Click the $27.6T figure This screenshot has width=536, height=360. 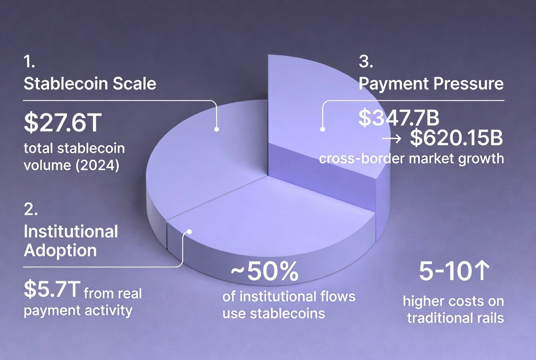tap(61, 124)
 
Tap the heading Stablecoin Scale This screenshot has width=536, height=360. tap(89, 84)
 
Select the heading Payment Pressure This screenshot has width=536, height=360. tap(431, 84)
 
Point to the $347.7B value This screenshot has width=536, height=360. tap(399, 118)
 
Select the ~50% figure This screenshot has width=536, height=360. tap(264, 273)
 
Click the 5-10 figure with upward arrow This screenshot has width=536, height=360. tap(452, 272)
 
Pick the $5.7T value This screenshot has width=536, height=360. tap(52, 289)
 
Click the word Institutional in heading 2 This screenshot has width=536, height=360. tap(71, 231)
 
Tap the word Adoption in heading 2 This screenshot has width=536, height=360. tap(60, 250)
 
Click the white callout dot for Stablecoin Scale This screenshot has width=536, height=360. tap(217, 129)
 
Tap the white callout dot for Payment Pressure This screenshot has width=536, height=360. tap(323, 129)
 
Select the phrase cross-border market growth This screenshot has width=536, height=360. tap(411, 159)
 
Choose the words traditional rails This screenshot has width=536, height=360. tap(455, 317)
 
